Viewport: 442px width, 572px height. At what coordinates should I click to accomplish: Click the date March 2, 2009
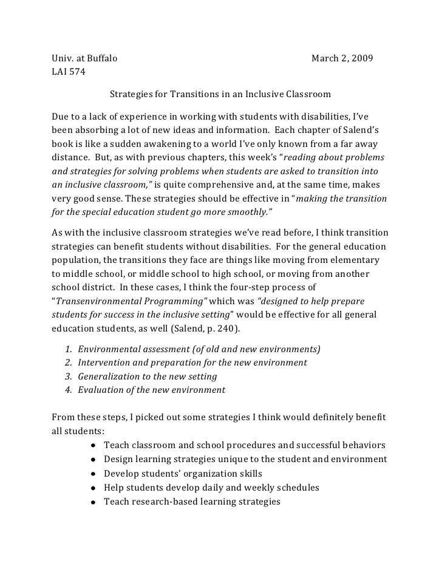point(342,59)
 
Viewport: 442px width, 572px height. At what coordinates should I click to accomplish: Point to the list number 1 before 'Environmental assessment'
point(67,349)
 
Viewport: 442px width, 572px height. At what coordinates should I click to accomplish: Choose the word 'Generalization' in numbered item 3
point(109,376)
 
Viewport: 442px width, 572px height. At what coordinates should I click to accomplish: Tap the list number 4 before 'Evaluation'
point(67,390)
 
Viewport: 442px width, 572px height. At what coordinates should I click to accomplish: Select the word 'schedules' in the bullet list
point(298,488)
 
